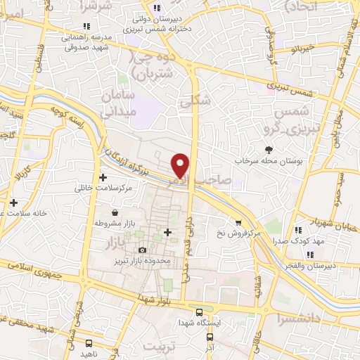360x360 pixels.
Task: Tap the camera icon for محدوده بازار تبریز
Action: click(143, 250)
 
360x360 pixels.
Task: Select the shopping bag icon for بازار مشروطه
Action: click(115, 212)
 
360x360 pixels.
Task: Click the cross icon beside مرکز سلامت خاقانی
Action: click(103, 178)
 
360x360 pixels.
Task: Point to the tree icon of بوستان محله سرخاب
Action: click(269, 150)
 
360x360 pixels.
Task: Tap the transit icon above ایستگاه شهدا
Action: click(198, 311)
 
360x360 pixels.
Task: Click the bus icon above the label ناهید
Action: click(88, 342)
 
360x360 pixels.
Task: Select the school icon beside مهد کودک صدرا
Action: click(300, 230)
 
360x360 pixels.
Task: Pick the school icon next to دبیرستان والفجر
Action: click(309, 255)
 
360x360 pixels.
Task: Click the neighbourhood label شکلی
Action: click(195, 100)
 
